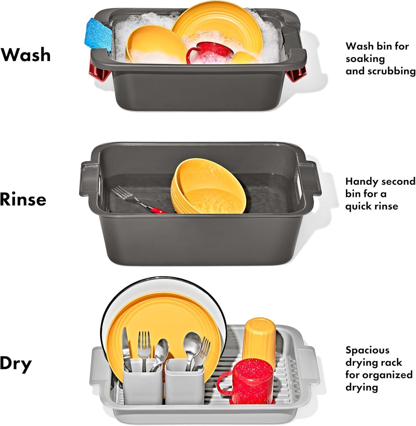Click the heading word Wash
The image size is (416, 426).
[26, 55]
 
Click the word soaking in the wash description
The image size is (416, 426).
[365, 59]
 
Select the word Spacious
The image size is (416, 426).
[367, 350]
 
